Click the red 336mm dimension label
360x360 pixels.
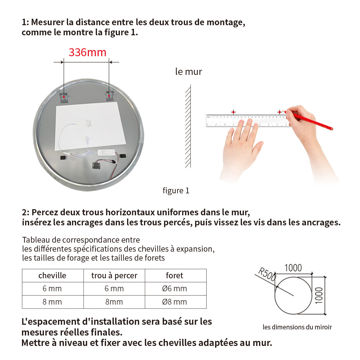click(x=87, y=53)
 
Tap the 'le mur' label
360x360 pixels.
click(x=189, y=72)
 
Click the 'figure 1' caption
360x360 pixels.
click(x=176, y=191)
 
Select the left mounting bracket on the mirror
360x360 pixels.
click(x=64, y=96)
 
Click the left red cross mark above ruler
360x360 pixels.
click(x=233, y=112)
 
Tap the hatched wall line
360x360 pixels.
click(x=188, y=126)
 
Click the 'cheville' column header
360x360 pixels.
click(x=53, y=275)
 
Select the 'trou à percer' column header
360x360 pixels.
click(x=114, y=275)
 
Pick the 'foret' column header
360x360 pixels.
click(x=175, y=275)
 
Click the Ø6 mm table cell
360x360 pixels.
click(x=175, y=289)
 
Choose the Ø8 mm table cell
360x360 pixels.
click(x=175, y=302)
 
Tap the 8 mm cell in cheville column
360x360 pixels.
click(x=53, y=302)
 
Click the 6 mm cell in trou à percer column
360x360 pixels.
click(x=114, y=289)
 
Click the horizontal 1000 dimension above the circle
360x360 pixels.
click(x=293, y=268)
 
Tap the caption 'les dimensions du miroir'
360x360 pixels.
click(x=297, y=327)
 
